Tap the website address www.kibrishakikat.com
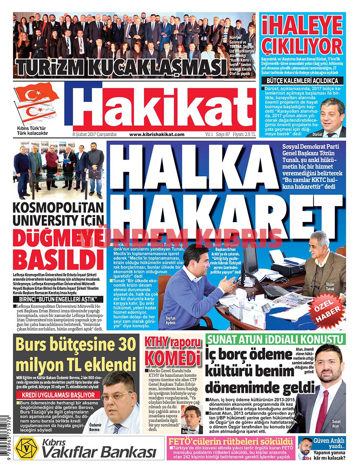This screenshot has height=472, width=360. [x=157, y=134]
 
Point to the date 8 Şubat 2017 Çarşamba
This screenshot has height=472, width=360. [x=94, y=134]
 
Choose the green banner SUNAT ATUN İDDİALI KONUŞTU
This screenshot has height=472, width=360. [x=275, y=340]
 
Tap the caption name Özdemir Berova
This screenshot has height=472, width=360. [x=95, y=427]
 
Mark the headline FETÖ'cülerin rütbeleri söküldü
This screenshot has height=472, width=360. [x=230, y=440]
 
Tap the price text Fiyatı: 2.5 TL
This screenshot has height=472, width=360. [x=244, y=134]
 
